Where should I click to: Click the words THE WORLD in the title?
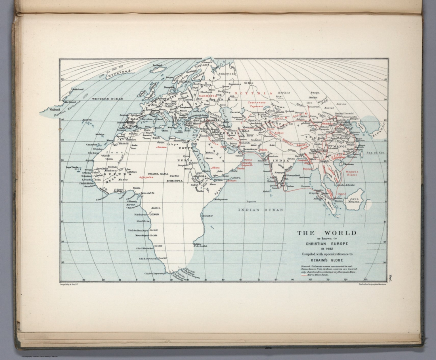[326, 233]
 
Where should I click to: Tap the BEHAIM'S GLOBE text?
[326, 260]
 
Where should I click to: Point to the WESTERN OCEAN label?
[107, 99]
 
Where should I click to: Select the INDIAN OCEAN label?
[260, 210]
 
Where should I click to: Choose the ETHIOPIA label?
[174, 180]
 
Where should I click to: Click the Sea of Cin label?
[375, 153]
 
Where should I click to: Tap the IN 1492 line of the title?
[326, 249]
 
